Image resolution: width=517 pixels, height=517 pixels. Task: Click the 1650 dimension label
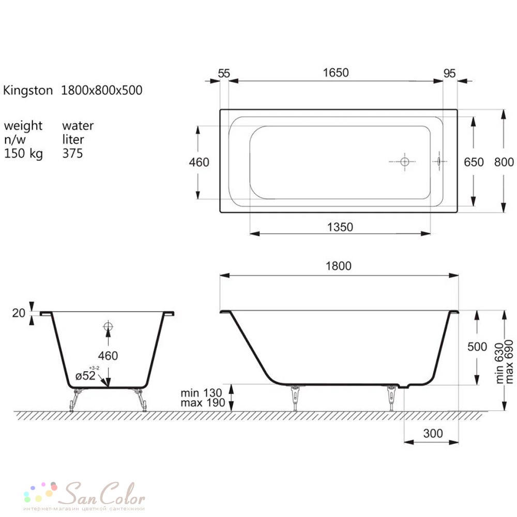pyautogui.click(x=336, y=73)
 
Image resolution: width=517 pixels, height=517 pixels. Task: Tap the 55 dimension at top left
pyautogui.click(x=224, y=73)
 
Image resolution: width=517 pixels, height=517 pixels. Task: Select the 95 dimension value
pyautogui.click(x=449, y=73)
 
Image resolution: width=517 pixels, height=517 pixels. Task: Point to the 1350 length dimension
pyautogui.click(x=340, y=227)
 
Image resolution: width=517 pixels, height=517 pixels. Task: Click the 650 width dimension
pyautogui.click(x=474, y=162)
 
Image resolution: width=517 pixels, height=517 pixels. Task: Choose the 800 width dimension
pyautogui.click(x=504, y=162)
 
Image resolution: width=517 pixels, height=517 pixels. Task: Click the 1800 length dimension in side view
pyautogui.click(x=339, y=266)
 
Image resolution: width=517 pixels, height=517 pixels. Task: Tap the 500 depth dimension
pyautogui.click(x=477, y=347)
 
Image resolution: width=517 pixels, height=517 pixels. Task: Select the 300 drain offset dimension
pyautogui.click(x=433, y=434)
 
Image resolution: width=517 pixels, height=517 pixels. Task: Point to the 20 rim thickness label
pyautogui.click(x=19, y=313)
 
